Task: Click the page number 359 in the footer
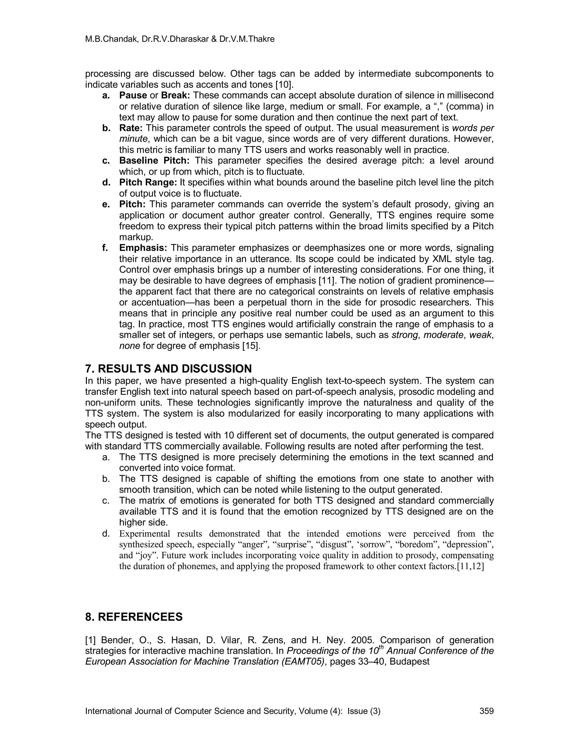click(486, 711)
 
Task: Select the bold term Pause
click(133, 95)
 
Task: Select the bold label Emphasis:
click(143, 248)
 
